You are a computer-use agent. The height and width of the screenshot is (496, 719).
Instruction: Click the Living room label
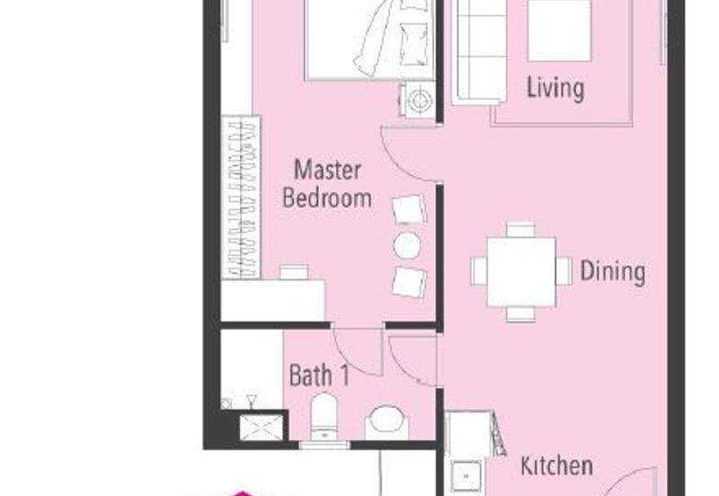pos(555,88)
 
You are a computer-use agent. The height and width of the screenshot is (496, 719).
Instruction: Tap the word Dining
pos(613,271)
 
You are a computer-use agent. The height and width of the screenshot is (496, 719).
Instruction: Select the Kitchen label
pos(556,465)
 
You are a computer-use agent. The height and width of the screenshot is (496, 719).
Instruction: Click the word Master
pos(327,170)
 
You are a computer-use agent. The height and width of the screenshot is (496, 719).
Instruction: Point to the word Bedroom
pos(327,198)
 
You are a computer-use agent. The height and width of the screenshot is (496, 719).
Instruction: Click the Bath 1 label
pos(320,375)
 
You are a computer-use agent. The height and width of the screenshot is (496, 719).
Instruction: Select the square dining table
pos(521,271)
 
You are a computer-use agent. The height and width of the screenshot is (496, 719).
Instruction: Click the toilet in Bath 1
pos(324,417)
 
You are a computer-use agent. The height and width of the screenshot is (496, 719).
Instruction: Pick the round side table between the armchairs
pos(407,245)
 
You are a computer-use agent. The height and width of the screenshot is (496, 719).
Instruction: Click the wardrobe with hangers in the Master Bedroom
pos(241,197)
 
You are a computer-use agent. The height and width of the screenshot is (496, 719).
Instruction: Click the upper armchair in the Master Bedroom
pos(409,209)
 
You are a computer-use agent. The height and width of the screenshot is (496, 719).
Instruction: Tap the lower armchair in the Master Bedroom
pos(409,282)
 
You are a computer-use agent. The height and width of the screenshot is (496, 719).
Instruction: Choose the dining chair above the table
pos(520,229)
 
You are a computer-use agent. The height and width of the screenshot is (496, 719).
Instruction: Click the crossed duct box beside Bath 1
pos(262,427)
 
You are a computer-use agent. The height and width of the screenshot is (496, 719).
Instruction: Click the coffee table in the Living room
pos(559,31)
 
